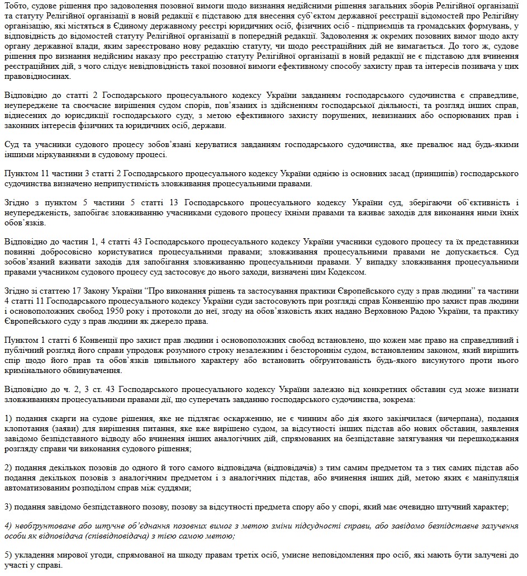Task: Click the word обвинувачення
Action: click(88, 370)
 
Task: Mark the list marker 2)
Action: click(8, 468)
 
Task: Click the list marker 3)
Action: click(8, 507)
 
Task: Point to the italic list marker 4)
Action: click(8, 526)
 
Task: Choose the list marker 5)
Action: click(8, 555)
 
